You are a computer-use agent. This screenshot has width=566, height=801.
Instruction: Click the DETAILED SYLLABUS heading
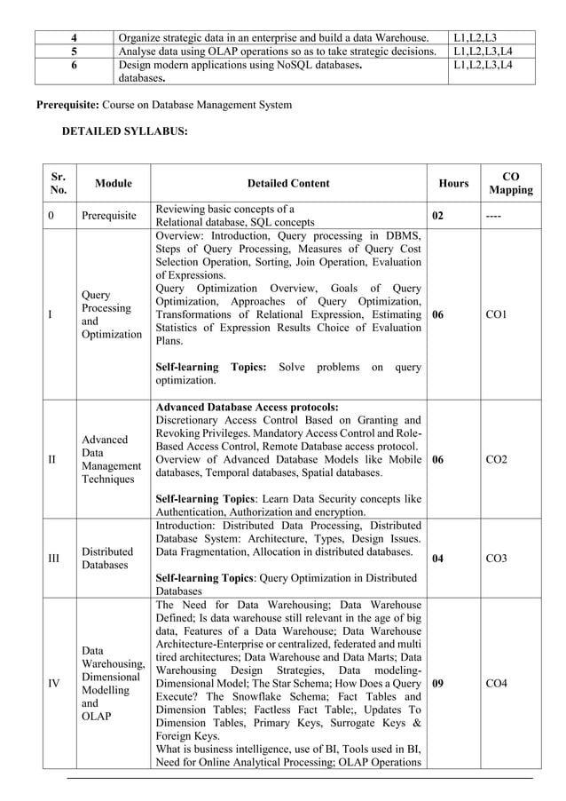coord(124,131)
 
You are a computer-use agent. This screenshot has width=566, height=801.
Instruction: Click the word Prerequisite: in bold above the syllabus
coord(67,106)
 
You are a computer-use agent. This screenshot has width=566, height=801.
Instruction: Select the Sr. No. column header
coord(59,183)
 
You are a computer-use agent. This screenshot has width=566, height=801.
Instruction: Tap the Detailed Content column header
coord(288,183)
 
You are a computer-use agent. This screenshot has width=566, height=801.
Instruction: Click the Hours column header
coord(453,183)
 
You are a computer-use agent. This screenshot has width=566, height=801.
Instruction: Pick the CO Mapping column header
coord(511,183)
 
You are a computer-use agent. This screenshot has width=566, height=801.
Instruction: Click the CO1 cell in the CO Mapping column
coord(497,315)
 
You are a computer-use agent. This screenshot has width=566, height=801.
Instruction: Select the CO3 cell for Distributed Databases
coord(497,558)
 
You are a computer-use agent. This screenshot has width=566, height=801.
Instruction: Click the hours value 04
coord(438,558)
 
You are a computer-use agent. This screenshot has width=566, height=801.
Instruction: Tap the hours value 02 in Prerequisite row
coord(438,215)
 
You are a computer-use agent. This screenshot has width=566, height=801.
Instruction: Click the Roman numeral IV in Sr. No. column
coord(53,684)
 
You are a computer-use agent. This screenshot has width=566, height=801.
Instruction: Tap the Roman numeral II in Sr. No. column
coord(51,460)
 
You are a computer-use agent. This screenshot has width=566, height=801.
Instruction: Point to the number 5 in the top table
coord(75,52)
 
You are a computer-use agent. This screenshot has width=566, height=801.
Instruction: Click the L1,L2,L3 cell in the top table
coord(475,37)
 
